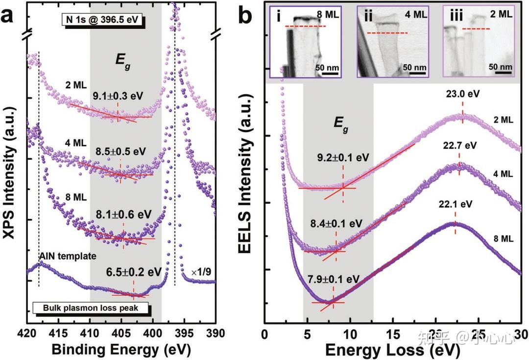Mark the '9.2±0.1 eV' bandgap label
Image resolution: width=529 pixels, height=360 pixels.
point(342,157)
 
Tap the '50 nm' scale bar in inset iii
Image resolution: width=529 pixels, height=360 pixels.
point(501,68)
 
